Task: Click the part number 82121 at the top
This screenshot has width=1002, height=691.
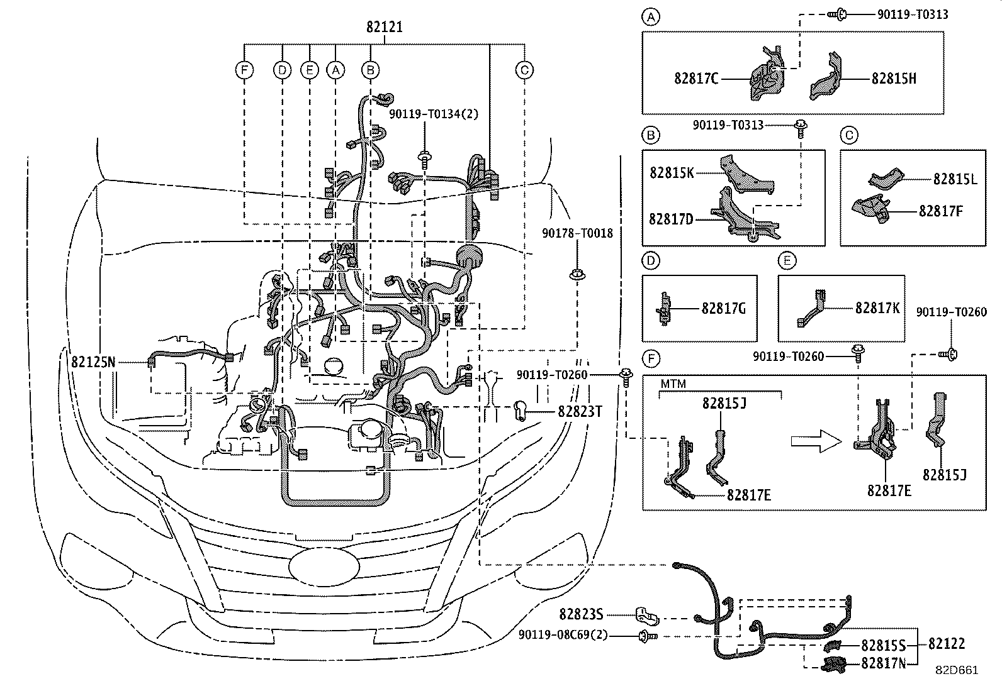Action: pyautogui.click(x=384, y=28)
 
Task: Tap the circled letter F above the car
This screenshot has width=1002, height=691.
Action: pyautogui.click(x=244, y=70)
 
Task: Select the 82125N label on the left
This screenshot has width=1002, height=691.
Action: pyautogui.click(x=93, y=362)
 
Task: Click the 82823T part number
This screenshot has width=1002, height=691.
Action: pyautogui.click(x=579, y=411)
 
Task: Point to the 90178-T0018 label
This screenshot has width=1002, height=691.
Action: pyautogui.click(x=577, y=233)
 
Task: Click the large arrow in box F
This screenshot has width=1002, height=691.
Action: pyautogui.click(x=816, y=442)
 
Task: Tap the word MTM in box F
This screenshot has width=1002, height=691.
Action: pyautogui.click(x=673, y=384)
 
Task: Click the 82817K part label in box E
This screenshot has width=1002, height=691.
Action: pyautogui.click(x=877, y=308)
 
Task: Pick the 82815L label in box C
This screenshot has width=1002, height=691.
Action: pyautogui.click(x=954, y=179)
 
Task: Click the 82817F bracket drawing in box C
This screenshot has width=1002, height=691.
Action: pyautogui.click(x=870, y=209)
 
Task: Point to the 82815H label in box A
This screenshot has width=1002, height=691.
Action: pyautogui.click(x=894, y=79)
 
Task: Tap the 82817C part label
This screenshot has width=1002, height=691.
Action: pyautogui.click(x=696, y=79)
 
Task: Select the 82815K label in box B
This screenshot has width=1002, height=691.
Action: pyautogui.click(x=672, y=172)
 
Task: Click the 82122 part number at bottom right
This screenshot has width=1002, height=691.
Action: pyautogui.click(x=947, y=644)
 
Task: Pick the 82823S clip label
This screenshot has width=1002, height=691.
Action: pyautogui.click(x=581, y=614)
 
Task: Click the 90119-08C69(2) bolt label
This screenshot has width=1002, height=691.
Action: pyautogui.click(x=563, y=635)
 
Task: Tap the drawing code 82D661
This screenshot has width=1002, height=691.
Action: pyautogui.click(x=956, y=670)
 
